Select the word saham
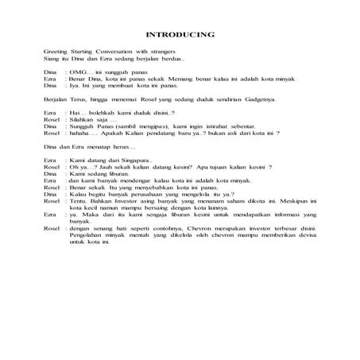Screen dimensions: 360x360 [x=225, y=202]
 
